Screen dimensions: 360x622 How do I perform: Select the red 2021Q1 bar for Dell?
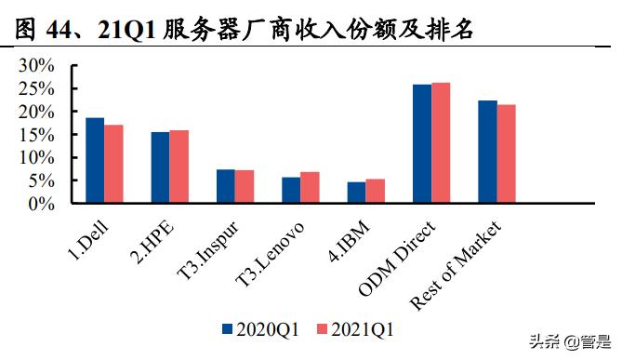(113, 164)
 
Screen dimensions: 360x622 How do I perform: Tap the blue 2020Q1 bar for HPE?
(160, 167)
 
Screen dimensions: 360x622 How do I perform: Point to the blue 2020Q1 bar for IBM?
(356, 193)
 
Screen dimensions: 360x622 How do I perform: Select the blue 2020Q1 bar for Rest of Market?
(487, 152)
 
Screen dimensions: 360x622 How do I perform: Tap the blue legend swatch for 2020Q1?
(227, 328)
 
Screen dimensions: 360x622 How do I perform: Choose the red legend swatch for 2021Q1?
(323, 328)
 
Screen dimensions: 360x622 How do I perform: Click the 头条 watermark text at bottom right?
(544, 341)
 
